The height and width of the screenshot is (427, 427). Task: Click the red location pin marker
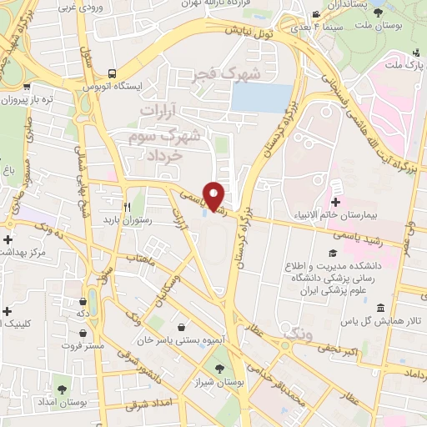click(214, 196)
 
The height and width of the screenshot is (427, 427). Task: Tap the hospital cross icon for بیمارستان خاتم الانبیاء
click(336, 203)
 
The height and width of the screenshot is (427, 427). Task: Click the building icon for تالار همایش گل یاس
click(380, 309)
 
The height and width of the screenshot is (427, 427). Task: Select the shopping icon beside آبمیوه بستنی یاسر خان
click(182, 328)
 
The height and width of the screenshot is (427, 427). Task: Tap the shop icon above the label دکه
click(82, 303)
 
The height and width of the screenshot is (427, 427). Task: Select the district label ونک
click(296, 334)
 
